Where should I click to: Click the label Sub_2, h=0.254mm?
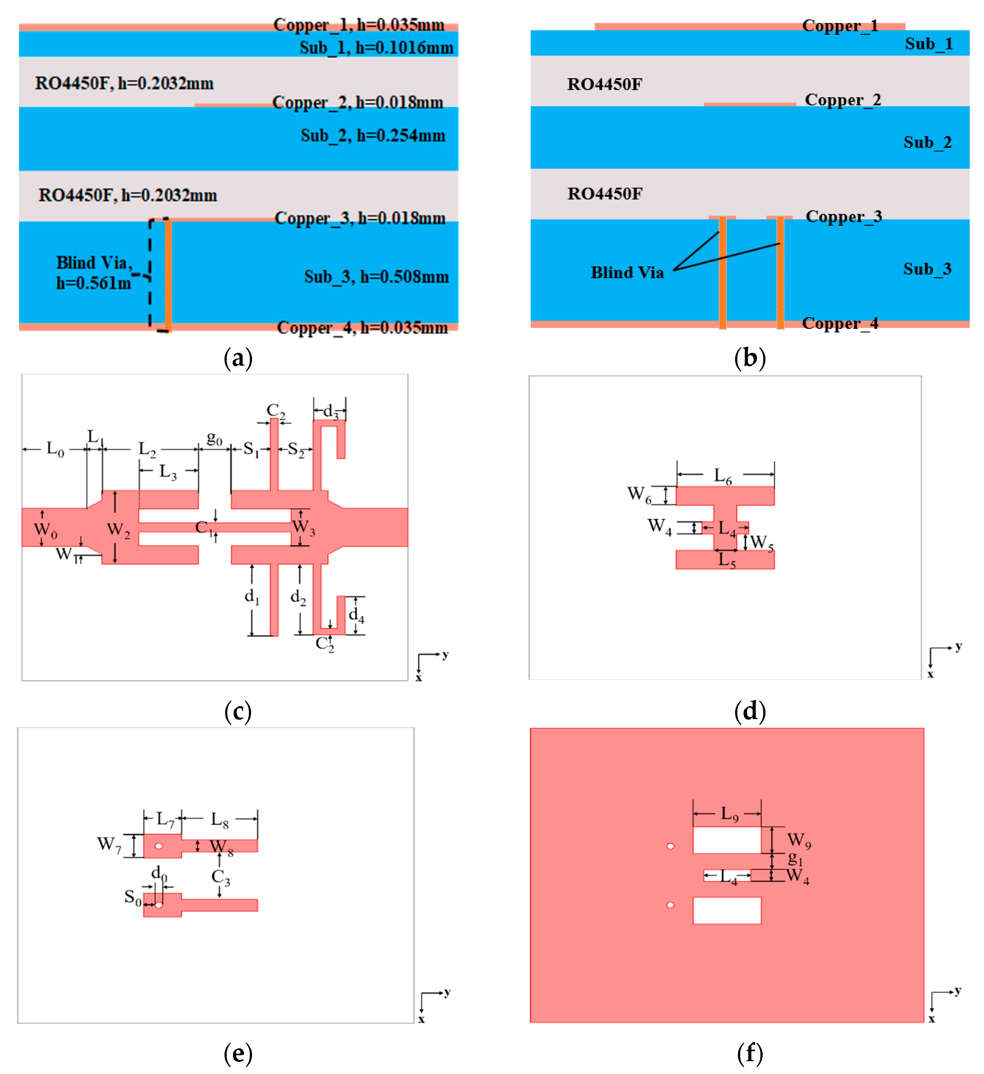click(x=373, y=135)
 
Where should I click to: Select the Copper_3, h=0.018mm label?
click(x=360, y=218)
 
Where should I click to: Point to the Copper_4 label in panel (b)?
click(x=840, y=323)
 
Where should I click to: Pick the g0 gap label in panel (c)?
click(x=214, y=438)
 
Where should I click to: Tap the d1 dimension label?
click(x=252, y=597)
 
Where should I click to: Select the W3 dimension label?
click(x=304, y=527)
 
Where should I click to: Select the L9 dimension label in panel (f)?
click(x=729, y=813)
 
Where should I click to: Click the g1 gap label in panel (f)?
click(x=795, y=858)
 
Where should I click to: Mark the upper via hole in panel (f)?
click(x=670, y=846)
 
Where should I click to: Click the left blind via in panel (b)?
click(x=723, y=272)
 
